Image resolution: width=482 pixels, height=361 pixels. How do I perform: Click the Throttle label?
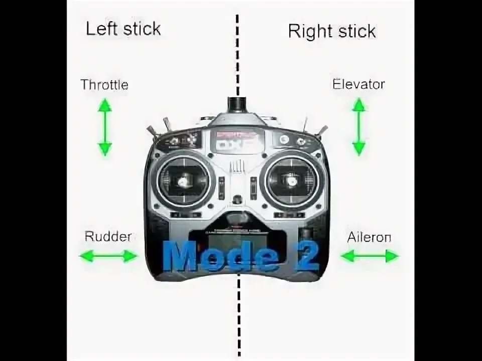(104, 85)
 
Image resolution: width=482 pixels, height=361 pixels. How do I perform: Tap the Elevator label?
(358, 84)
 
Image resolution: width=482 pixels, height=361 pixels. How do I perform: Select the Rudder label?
(108, 236)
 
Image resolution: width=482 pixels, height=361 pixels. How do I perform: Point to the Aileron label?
(369, 237)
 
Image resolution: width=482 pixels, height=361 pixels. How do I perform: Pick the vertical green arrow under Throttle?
(104, 127)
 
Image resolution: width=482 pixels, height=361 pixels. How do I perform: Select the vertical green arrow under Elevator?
(358, 126)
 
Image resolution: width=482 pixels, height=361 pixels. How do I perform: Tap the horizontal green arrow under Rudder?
(108, 256)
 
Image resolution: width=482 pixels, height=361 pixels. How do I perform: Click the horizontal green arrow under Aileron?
(369, 256)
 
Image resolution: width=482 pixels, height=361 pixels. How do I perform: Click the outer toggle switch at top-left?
(152, 132)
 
